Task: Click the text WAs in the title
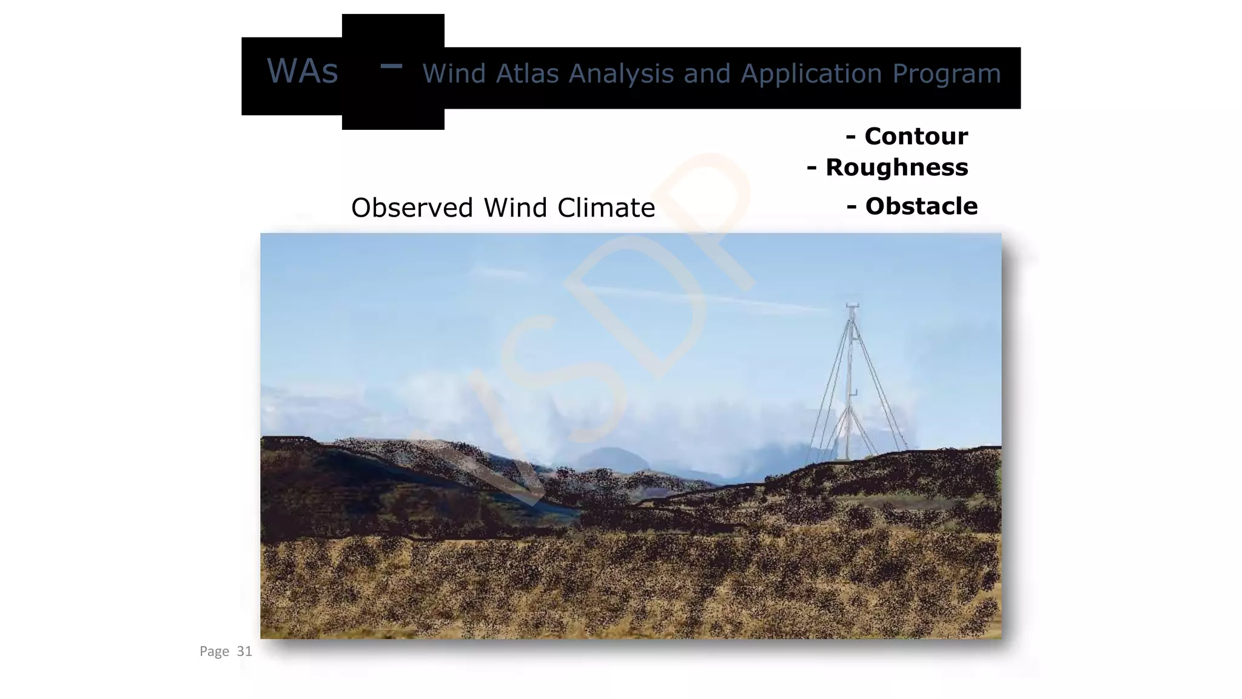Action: (x=302, y=71)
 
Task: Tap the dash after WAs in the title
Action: (x=391, y=66)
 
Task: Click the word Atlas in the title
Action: (x=527, y=74)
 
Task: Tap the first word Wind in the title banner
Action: (x=454, y=74)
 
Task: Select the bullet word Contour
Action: (x=916, y=137)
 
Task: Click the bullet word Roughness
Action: (x=896, y=168)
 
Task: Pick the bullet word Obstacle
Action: (x=921, y=206)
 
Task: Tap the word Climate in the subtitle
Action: (x=606, y=208)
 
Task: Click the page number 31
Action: (x=244, y=652)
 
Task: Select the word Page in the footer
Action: (x=214, y=652)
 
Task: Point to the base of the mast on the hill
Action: (x=848, y=458)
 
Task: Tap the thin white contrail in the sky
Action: (x=697, y=298)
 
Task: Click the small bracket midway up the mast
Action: (x=854, y=393)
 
